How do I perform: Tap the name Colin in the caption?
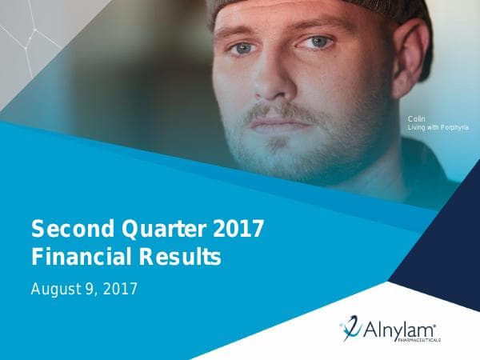416,119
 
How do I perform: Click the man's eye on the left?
242,49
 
